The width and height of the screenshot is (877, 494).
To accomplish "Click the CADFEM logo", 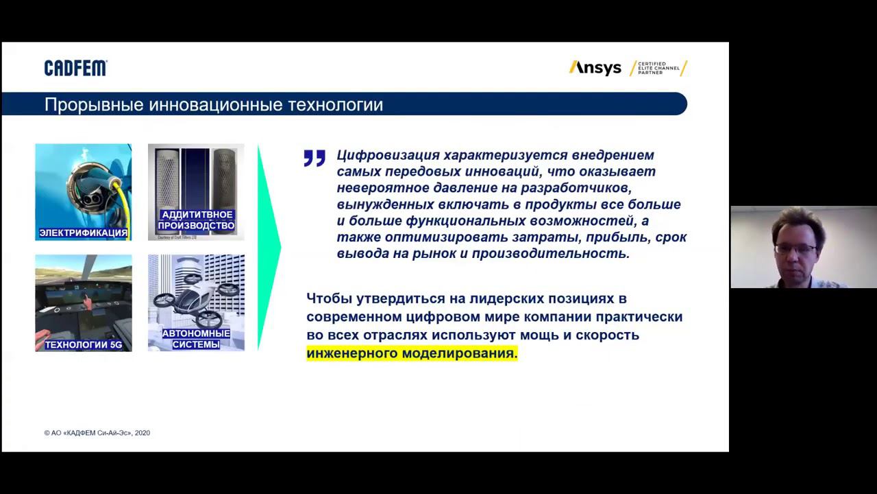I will coord(75,68).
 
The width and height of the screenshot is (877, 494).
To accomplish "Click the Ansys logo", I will coord(595,68).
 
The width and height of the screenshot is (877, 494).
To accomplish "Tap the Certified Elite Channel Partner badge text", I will coord(658,68).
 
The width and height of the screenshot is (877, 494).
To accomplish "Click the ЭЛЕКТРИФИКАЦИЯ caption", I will coord(83,233).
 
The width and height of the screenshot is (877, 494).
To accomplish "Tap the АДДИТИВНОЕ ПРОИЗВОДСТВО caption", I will coord(196,220).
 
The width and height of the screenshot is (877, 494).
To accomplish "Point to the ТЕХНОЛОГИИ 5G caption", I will coord(83,344).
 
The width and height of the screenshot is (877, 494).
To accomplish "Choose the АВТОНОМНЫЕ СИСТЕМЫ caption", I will coord(196,339).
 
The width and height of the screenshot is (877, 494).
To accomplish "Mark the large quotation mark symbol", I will coord(314,158).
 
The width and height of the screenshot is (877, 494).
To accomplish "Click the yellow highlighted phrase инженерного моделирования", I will coord(412,353).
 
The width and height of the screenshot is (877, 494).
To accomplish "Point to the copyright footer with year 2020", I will coord(97,433).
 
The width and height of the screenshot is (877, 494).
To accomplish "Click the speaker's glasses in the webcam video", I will coord(795,248).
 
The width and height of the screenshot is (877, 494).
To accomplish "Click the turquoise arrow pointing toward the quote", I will coord(269,247).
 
